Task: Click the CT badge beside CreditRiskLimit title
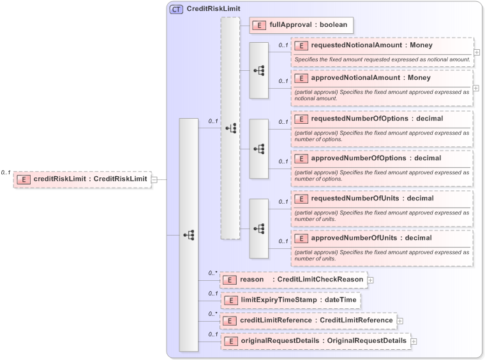[176, 10]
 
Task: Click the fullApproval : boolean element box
[301, 25]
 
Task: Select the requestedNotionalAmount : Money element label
[371, 46]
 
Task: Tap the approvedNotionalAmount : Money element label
[370, 78]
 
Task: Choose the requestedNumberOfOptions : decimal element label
[377, 119]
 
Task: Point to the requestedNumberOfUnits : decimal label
[372, 199]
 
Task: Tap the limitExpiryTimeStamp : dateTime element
[290, 299]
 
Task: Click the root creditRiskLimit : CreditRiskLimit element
[82, 179]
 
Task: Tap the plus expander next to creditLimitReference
[400, 320]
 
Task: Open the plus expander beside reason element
[370, 280]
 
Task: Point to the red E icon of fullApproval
[260, 25]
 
